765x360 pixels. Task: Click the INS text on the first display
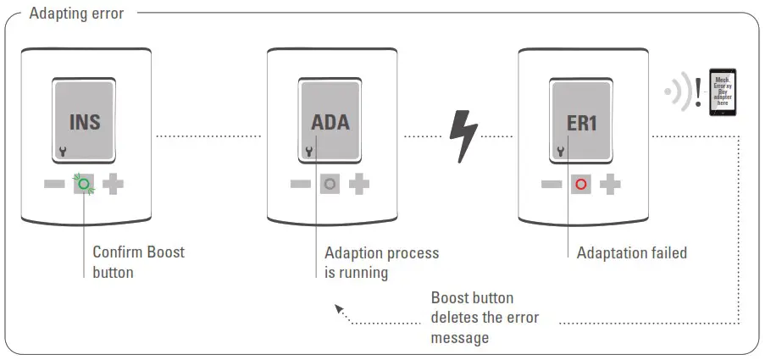(x=85, y=122)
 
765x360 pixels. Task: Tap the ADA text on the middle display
(x=330, y=122)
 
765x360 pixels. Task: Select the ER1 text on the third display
(x=581, y=122)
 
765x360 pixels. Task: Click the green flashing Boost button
(x=85, y=183)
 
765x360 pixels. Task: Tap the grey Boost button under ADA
(x=330, y=183)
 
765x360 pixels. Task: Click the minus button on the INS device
(x=55, y=183)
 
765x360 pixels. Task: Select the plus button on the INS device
(x=114, y=183)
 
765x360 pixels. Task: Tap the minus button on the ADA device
(x=301, y=183)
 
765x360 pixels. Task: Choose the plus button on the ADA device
(x=359, y=183)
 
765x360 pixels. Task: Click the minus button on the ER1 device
(x=552, y=183)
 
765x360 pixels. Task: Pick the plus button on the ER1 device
(x=610, y=183)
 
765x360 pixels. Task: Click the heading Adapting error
(x=76, y=14)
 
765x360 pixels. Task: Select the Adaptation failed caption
(x=631, y=252)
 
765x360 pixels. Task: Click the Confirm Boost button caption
(x=137, y=262)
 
